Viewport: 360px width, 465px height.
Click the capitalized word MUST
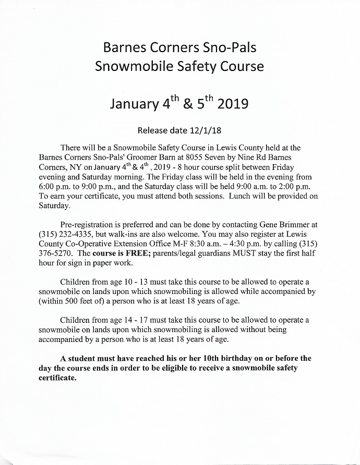(x=240, y=254)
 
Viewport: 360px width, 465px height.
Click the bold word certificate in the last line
(x=58, y=377)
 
